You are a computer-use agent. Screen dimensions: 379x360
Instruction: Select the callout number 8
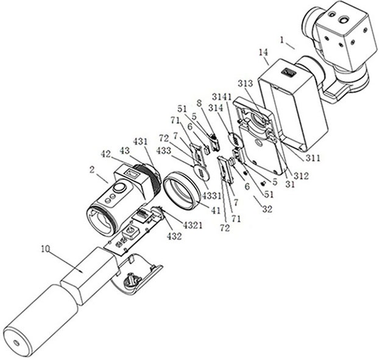click(199, 104)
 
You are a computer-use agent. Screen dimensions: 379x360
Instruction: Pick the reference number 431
click(141, 141)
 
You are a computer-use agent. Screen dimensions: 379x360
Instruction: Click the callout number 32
click(266, 208)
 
